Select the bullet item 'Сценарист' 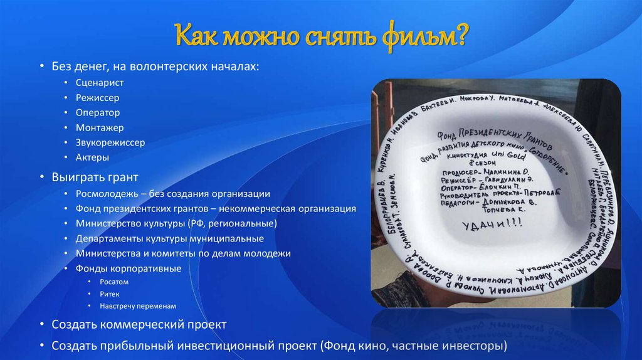pos(100,82)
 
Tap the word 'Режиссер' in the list pos(97,98)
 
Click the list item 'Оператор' pos(98,113)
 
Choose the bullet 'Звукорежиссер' pos(110,142)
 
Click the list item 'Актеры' pos(93,157)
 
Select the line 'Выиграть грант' pos(95,177)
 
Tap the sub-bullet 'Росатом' pos(113,282)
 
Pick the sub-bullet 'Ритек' pos(109,294)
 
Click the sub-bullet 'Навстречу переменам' pos(138,306)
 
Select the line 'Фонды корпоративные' pos(129,268)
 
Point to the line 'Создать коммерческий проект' pos(139,325)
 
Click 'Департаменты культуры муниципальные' pos(170,239)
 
